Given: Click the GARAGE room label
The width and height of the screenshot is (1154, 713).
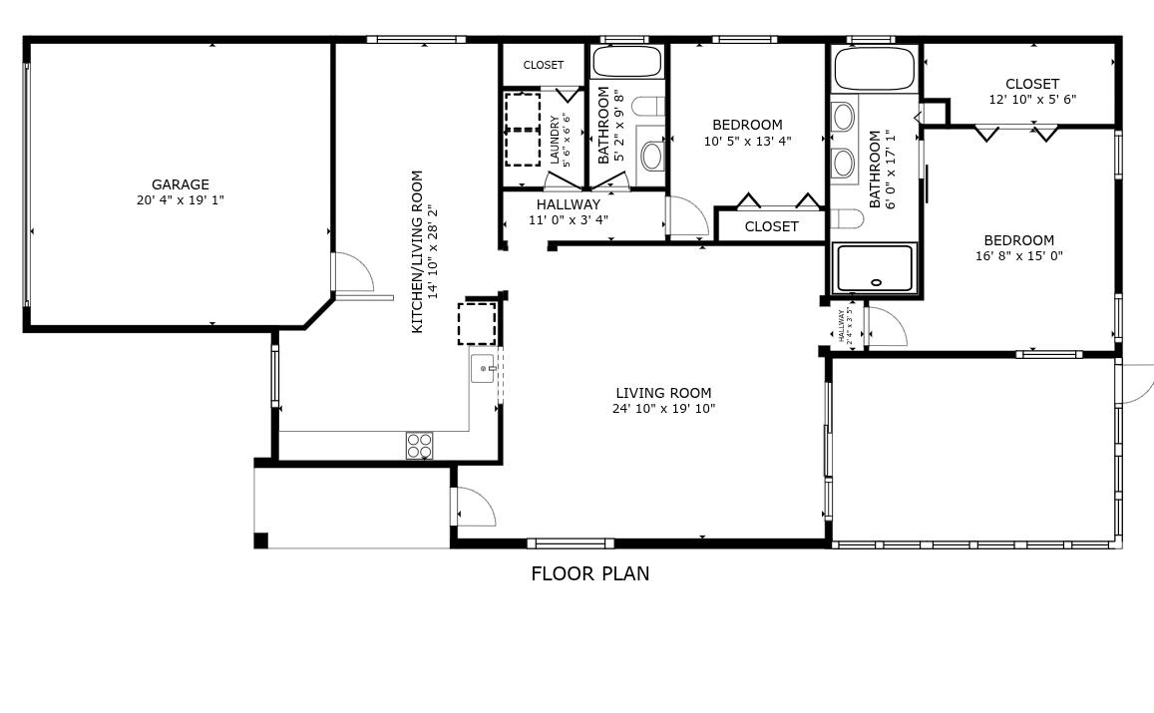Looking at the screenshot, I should pos(181,184).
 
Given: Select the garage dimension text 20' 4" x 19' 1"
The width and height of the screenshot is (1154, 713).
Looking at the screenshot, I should pos(181,200).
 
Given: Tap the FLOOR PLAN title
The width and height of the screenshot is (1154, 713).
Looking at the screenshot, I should pos(589,574).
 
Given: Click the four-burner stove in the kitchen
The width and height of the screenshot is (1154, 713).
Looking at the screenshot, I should pos(419,445).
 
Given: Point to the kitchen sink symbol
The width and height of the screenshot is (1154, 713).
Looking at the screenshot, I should pos(483,369).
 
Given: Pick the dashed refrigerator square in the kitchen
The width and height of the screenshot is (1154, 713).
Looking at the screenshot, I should pos(477,324).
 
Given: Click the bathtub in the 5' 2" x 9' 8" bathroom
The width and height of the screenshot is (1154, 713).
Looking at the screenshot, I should pos(626,62).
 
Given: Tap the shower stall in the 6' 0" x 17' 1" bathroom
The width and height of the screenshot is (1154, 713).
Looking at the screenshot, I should pos(874,268).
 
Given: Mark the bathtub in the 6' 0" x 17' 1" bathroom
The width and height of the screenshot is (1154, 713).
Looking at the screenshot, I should pos(874,69).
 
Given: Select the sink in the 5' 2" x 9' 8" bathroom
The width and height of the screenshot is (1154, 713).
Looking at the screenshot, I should pos(652,155).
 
